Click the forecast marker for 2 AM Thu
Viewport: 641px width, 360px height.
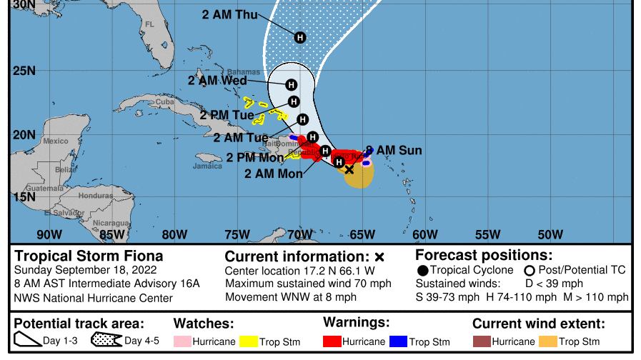(x=300, y=37)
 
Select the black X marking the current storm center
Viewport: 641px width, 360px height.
(x=349, y=169)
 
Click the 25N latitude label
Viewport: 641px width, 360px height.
(x=24, y=71)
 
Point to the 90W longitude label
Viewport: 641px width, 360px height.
(x=49, y=234)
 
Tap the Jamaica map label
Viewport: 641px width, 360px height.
(x=207, y=166)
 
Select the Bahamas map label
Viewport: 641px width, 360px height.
(x=244, y=72)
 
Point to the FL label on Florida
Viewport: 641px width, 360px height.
(x=149, y=24)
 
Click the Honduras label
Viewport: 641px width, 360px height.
(x=95, y=196)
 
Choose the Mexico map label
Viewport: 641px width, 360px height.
(x=55, y=141)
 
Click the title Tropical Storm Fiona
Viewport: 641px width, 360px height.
(x=89, y=256)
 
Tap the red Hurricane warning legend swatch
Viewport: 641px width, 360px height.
(x=332, y=342)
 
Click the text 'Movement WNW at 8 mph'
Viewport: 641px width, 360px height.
(x=290, y=297)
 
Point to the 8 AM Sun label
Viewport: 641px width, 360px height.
(x=393, y=151)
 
